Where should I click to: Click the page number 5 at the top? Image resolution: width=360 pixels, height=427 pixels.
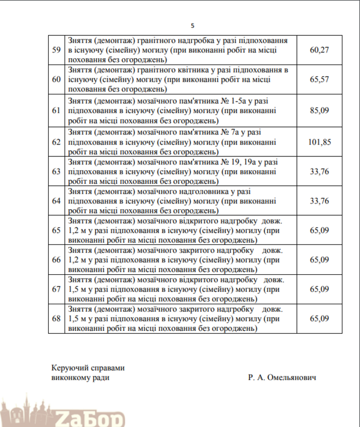coord(193,26)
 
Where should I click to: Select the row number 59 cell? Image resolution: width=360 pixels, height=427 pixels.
coord(56,50)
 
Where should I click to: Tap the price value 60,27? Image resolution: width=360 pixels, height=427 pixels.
coord(319,50)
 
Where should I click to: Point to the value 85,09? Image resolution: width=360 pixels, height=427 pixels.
coord(319,110)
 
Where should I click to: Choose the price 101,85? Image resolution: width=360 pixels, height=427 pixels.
coord(319,141)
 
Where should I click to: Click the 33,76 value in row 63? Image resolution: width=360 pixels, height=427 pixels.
coord(319,171)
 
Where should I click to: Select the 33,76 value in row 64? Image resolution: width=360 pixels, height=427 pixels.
coord(319,201)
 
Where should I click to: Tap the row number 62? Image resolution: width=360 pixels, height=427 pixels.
coord(56,141)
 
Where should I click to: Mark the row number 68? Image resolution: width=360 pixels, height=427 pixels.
coord(56,319)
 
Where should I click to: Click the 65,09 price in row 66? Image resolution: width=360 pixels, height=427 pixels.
coord(319,260)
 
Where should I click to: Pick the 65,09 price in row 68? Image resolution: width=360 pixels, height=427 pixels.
coord(319,319)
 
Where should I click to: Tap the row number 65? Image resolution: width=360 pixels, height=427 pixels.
coord(56,231)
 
